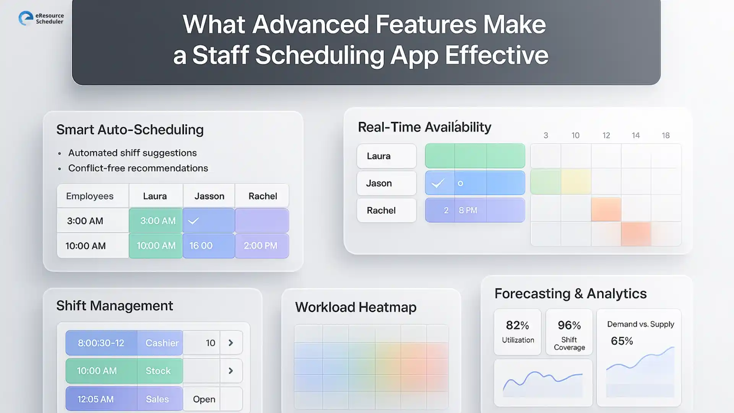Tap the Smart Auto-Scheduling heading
(130, 130)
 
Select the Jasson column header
(209, 196)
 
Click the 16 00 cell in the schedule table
(201, 246)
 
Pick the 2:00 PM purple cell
(261, 246)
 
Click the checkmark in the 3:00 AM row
(193, 221)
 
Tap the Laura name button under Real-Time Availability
(386, 156)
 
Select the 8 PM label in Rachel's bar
(468, 210)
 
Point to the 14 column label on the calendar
(635, 135)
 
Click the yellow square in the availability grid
(576, 182)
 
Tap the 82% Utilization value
(517, 325)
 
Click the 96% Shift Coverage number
(569, 325)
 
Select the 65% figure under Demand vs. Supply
(622, 341)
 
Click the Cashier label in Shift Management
(162, 343)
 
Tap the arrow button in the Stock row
(231, 371)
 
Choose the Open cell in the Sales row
(204, 399)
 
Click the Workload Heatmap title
(356, 307)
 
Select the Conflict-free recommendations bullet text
(138, 168)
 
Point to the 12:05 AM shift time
(96, 399)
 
